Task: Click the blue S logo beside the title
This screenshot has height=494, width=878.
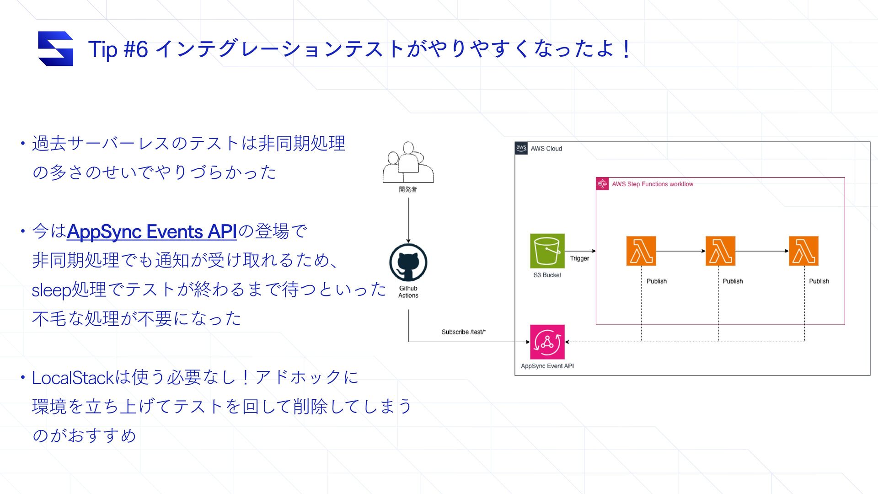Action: pyautogui.click(x=55, y=48)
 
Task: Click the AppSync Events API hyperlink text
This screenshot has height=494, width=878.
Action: pyautogui.click(x=151, y=232)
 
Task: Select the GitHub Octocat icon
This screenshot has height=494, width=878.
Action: pyautogui.click(x=408, y=263)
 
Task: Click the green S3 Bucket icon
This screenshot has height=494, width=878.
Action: pyautogui.click(x=547, y=251)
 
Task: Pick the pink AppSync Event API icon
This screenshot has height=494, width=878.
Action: pyautogui.click(x=547, y=342)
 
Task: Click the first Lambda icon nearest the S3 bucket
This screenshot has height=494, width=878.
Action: pyautogui.click(x=641, y=251)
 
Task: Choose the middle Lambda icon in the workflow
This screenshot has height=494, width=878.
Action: pyautogui.click(x=720, y=251)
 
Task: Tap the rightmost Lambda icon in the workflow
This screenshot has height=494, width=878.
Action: pyautogui.click(x=803, y=251)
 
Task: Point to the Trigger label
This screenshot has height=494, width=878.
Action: pyautogui.click(x=579, y=258)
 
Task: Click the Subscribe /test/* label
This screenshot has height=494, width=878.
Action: pyautogui.click(x=463, y=332)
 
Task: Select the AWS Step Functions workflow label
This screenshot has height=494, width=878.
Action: pyautogui.click(x=652, y=184)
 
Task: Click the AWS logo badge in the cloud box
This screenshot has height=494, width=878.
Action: pyautogui.click(x=521, y=148)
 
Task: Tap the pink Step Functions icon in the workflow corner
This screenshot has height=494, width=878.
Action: pyautogui.click(x=602, y=184)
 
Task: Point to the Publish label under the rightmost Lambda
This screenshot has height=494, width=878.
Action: pyautogui.click(x=819, y=281)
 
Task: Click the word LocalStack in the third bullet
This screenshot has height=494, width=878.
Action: pyautogui.click(x=72, y=378)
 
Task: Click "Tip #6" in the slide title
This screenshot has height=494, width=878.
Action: pyautogui.click(x=118, y=49)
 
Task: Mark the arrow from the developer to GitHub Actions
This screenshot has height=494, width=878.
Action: pyautogui.click(x=408, y=220)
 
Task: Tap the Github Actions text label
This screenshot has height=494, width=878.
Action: pyautogui.click(x=408, y=292)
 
